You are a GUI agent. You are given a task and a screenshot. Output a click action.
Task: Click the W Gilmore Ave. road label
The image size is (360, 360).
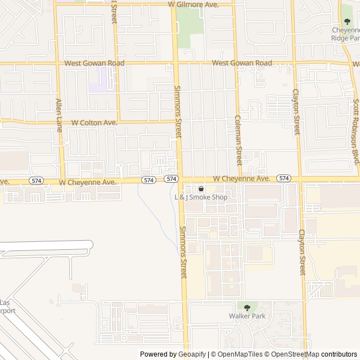(193, 4)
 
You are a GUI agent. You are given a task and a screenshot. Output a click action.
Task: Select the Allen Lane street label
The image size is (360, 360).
(58, 112)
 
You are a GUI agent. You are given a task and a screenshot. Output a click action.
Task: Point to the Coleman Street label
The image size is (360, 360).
(238, 141)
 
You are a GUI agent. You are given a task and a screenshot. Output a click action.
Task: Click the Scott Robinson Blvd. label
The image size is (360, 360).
(355, 132)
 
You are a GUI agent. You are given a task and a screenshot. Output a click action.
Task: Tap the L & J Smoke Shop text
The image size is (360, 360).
(201, 197)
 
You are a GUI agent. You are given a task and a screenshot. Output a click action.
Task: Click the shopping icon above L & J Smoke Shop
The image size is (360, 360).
(201, 189)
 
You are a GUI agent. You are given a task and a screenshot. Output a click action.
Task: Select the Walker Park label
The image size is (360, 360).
(246, 316)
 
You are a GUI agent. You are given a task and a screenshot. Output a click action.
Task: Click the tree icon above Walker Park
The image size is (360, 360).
(246, 307)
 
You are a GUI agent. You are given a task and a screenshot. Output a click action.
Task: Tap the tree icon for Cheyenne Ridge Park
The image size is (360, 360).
(346, 21)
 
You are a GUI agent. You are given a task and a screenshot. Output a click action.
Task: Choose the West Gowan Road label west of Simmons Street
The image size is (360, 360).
(94, 64)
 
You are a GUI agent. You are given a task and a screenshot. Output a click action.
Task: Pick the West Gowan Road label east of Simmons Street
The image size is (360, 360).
(242, 64)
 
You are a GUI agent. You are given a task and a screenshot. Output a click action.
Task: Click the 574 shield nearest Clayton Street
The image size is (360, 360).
(284, 178)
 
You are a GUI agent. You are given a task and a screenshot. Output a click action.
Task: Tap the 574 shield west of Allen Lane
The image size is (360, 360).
(37, 181)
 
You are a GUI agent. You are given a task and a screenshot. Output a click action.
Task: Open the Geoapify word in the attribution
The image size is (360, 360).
(192, 354)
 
